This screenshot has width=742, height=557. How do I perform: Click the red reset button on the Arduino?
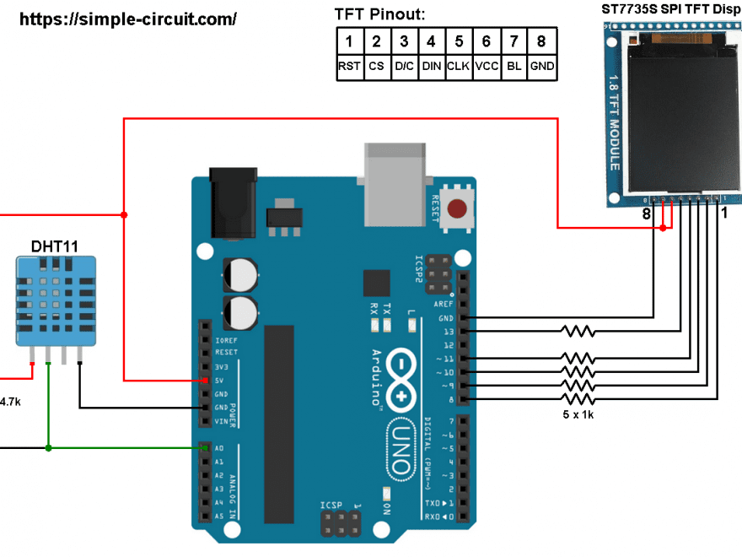tap(459, 208)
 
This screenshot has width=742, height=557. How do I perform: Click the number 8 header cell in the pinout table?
tap(541, 41)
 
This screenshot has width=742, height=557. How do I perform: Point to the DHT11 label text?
tap(55, 246)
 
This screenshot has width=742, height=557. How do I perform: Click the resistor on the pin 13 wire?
tap(578, 332)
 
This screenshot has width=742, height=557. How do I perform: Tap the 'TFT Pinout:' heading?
tap(379, 14)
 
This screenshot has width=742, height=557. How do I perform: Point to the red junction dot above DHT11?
tap(124, 215)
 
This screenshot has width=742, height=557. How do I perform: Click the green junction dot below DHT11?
tap(49, 447)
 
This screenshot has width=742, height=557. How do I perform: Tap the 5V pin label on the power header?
tap(219, 381)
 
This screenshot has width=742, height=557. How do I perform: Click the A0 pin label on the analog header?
tap(219, 448)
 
